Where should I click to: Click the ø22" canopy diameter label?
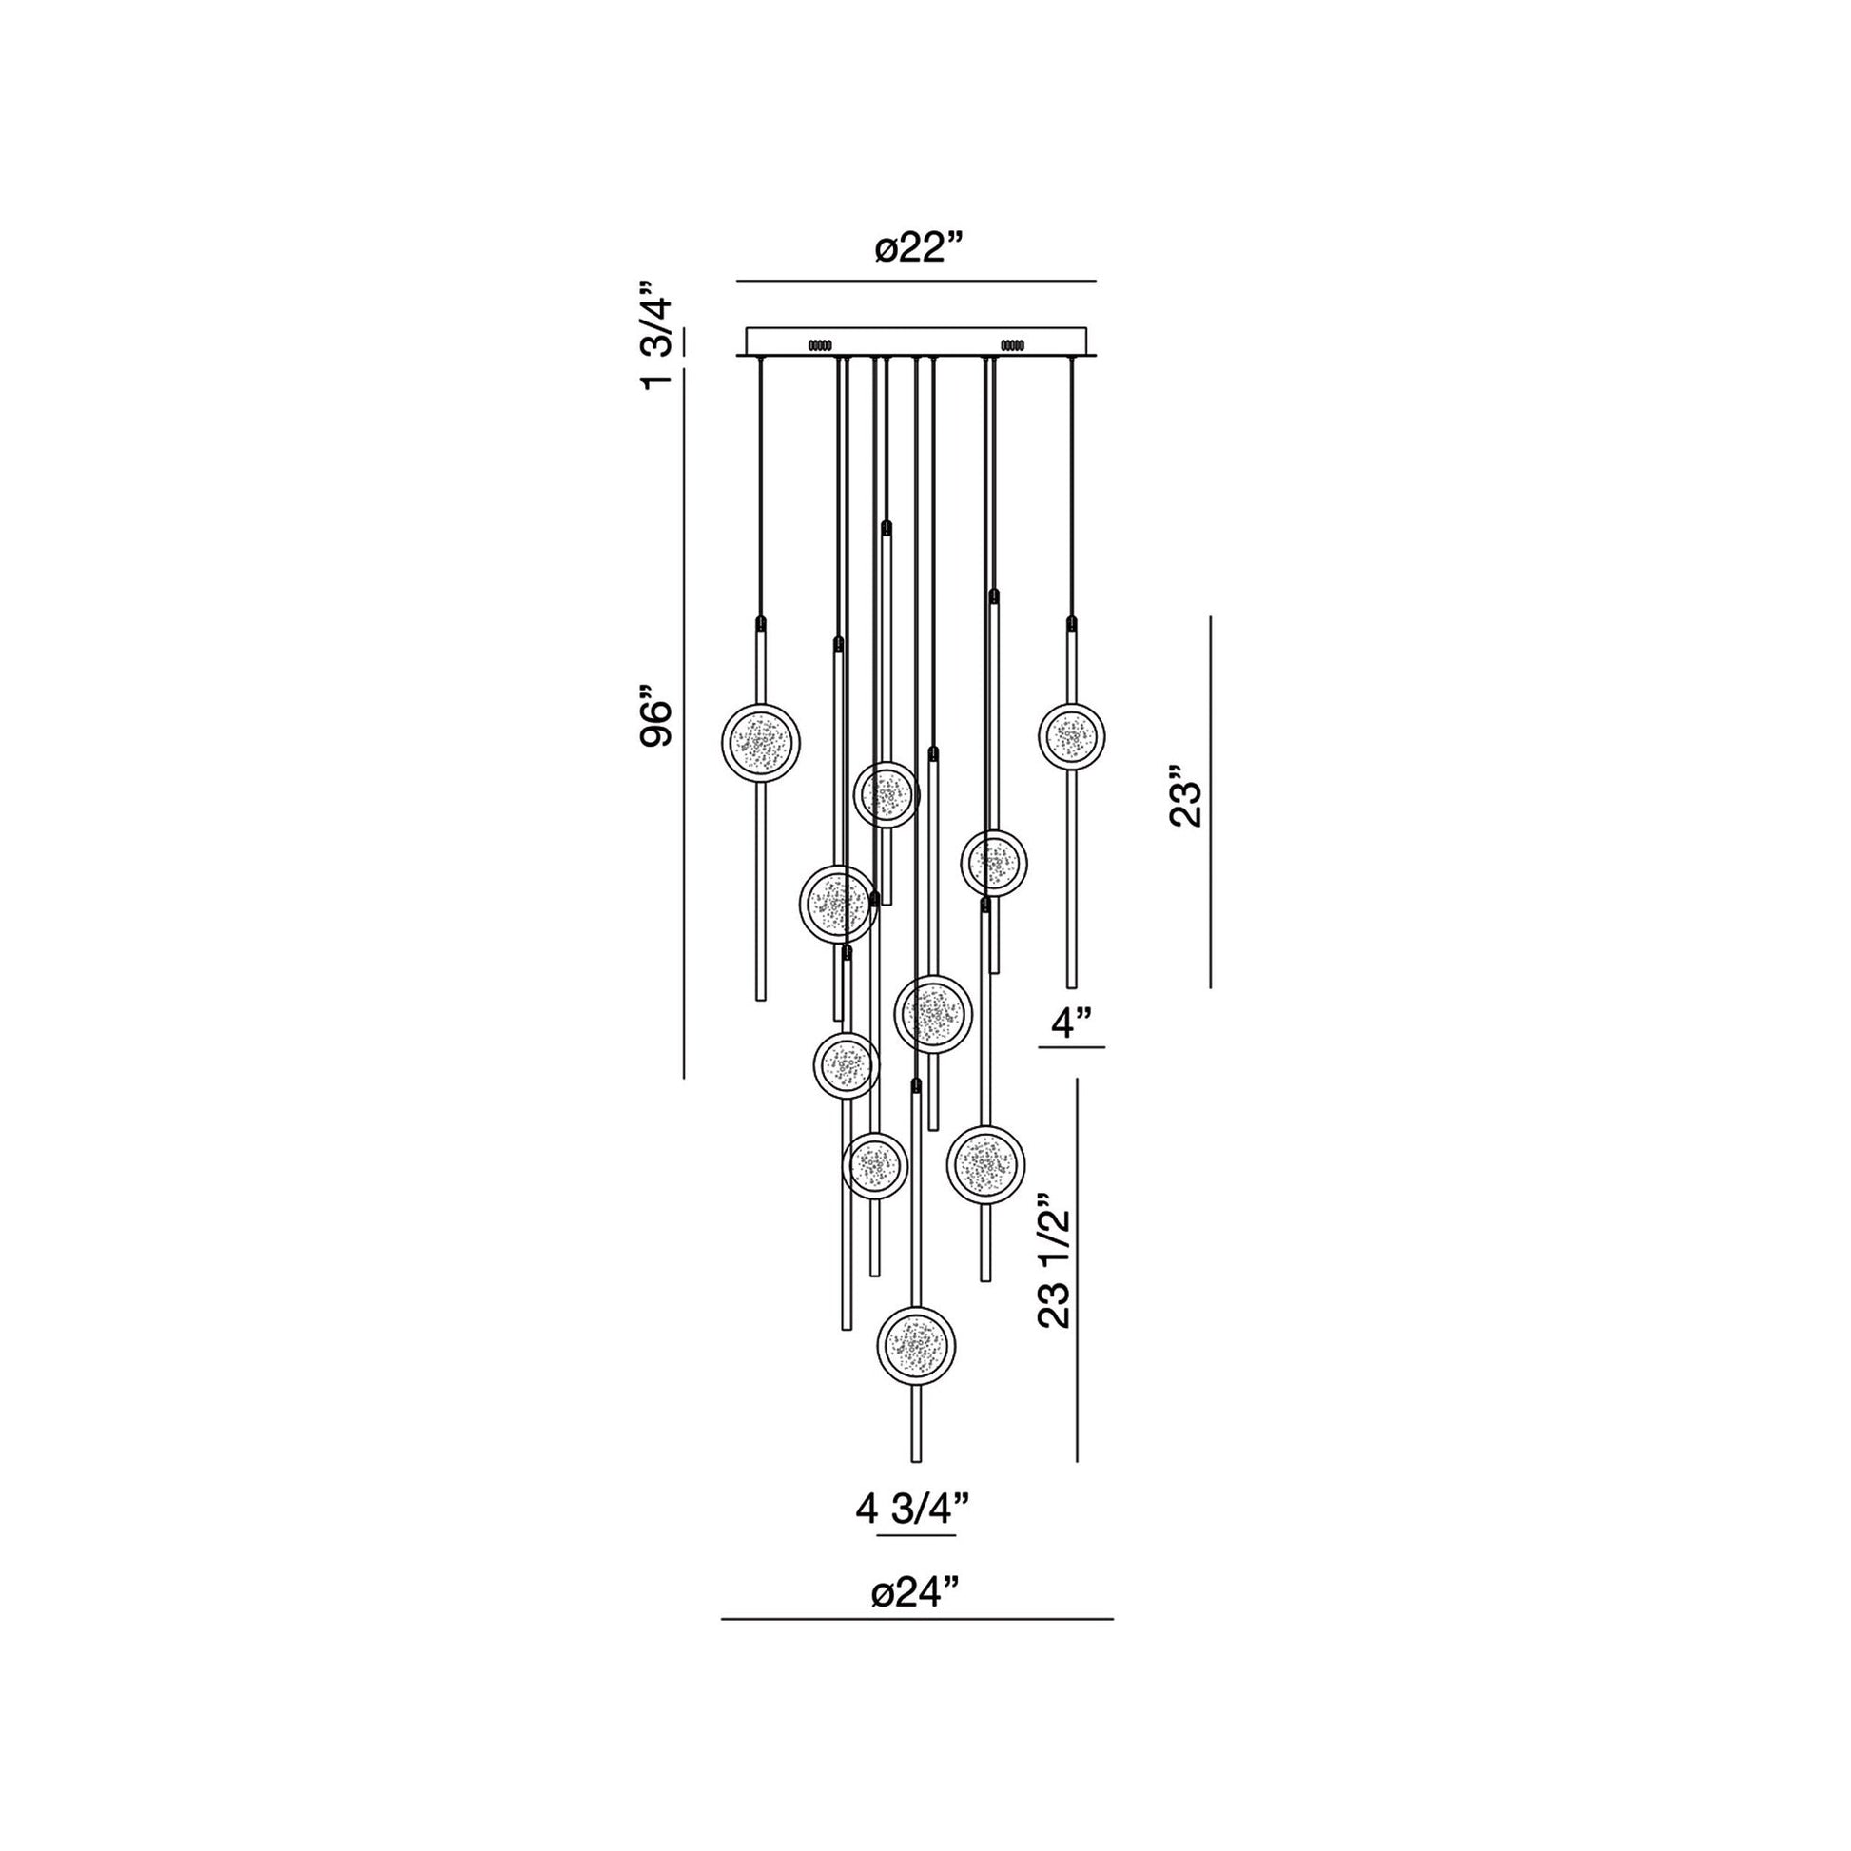pos(917,250)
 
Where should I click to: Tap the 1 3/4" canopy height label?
pos(658,336)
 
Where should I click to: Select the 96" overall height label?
pos(658,722)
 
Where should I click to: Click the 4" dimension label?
pos(1072,1023)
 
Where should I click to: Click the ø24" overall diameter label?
pos(915,1595)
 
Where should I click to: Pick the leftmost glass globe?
pos(762,742)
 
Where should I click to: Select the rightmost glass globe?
pos(1071,737)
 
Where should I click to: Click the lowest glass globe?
pos(916,1344)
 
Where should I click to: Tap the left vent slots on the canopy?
pos(820,343)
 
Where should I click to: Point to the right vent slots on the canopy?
pos(1012,343)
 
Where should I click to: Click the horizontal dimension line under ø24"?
pos(917,1620)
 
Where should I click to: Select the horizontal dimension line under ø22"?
pos(915,281)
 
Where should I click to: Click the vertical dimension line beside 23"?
pos(1210,801)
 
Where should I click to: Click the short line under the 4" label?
pos(1072,1047)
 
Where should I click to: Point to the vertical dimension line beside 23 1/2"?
pos(1078,1270)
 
